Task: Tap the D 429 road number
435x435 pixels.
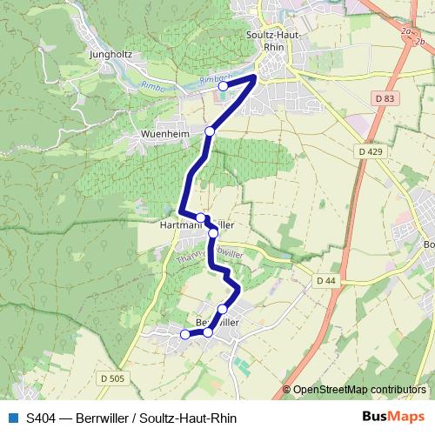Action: click(370, 152)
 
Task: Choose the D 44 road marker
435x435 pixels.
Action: click(326, 280)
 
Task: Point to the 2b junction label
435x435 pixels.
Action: click(428, 41)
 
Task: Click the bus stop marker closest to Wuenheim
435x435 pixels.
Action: click(210, 131)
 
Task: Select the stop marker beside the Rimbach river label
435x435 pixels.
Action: click(223, 85)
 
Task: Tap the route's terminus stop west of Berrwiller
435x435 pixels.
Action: click(184, 335)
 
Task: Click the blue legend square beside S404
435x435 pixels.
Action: click(12, 417)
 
